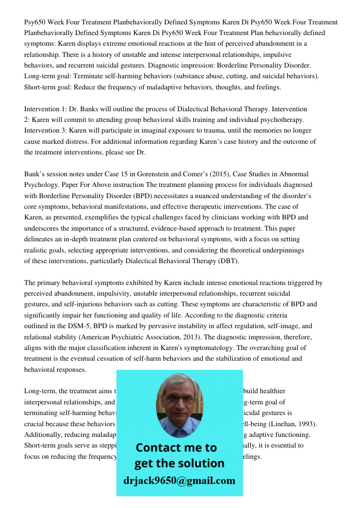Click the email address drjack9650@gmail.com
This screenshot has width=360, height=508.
point(179,481)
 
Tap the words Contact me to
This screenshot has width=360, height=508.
point(176,448)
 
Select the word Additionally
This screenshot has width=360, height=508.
point(45,434)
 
